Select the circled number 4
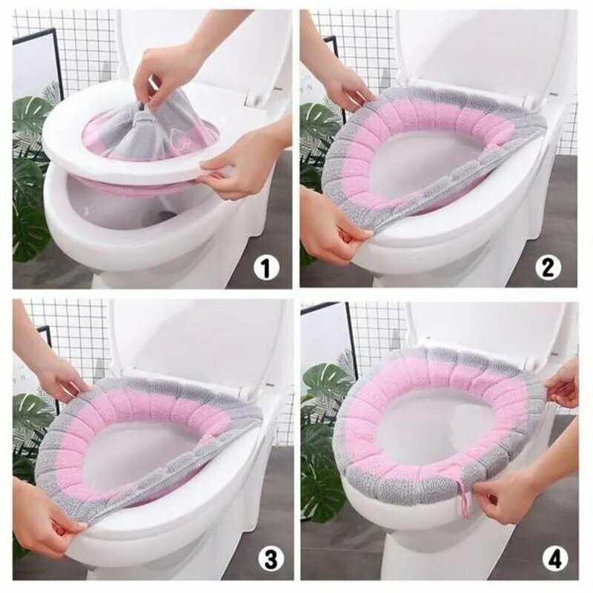click(x=554, y=559)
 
